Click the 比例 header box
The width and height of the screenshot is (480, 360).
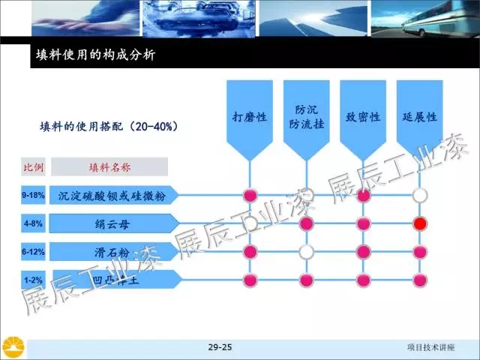pyautogui.click(x=34, y=166)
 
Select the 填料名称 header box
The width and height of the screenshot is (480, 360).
pyautogui.click(x=109, y=166)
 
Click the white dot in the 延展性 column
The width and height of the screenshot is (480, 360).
pyautogui.click(x=420, y=196)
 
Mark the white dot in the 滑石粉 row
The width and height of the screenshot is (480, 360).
pyautogui.click(x=306, y=252)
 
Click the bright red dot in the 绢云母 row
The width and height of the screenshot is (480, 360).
pyautogui.click(x=420, y=223)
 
